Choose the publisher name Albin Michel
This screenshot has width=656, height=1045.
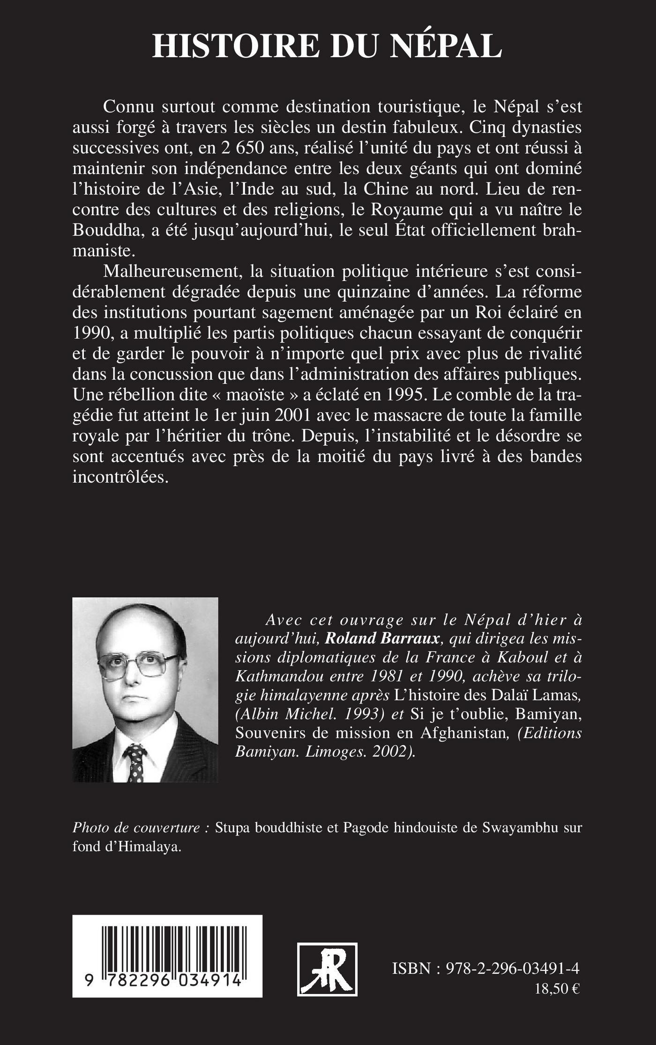pyautogui.click(x=281, y=713)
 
